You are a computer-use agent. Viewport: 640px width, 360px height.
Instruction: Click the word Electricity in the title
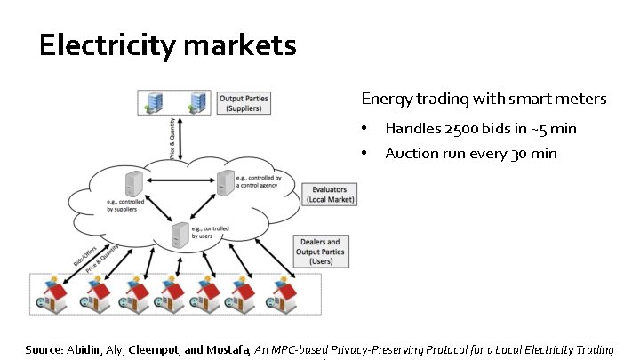coord(103,45)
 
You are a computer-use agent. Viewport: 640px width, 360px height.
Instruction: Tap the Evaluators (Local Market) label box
coord(329,194)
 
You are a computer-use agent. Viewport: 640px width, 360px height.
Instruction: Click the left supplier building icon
coord(156,102)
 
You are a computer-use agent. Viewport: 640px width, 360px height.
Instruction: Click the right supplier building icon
coord(196,102)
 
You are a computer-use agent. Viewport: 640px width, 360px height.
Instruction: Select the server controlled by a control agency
coord(224,181)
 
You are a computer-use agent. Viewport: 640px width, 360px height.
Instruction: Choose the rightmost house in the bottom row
coord(289,292)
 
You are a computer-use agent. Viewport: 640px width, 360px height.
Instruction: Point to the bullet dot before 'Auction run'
coord(364,154)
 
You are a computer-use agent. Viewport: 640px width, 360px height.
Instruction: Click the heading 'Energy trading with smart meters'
coord(484,99)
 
